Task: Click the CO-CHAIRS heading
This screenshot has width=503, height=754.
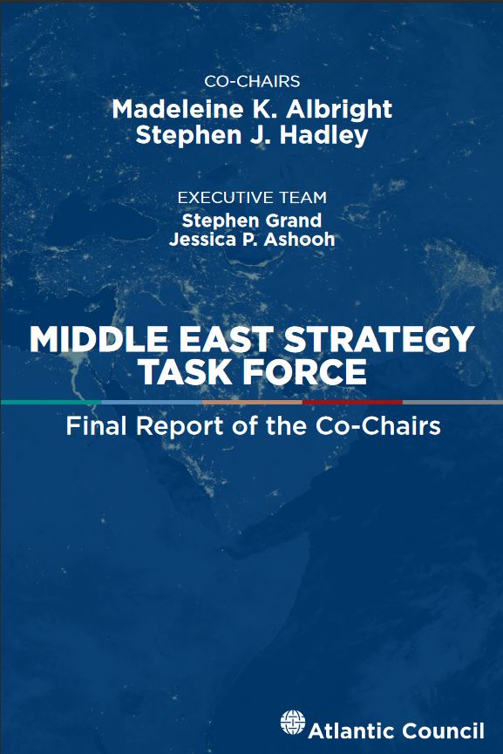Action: (252, 81)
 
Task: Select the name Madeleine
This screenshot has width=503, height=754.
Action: (178, 109)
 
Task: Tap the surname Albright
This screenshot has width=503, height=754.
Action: (339, 110)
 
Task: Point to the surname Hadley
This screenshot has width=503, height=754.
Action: (323, 135)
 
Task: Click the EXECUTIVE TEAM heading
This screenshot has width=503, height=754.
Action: (252, 198)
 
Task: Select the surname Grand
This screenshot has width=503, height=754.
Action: (293, 221)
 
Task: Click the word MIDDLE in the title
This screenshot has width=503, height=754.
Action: (99, 339)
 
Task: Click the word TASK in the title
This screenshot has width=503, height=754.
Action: (188, 371)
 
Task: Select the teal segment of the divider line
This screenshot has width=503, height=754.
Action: (51, 402)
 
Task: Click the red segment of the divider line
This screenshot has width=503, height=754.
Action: (352, 402)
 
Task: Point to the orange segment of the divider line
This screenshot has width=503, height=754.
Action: (252, 402)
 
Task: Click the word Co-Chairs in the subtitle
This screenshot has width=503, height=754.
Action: (378, 425)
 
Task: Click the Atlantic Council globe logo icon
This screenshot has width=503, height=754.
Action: (293, 723)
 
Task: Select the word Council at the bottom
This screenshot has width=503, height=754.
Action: (443, 731)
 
